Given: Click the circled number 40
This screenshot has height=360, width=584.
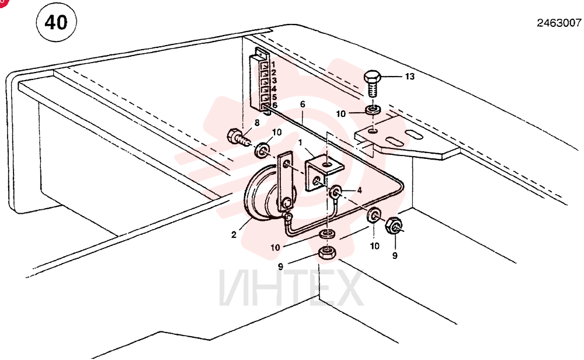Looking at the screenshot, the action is coord(56,22).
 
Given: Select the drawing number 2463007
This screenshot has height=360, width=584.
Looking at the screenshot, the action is coord(559,23).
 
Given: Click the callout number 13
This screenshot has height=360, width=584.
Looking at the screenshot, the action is coord(410,77).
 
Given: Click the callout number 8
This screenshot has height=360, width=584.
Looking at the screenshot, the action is coord(256,122).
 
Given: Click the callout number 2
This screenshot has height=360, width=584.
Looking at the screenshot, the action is coord(234,235).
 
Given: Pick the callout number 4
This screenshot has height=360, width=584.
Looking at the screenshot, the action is coord(359,191).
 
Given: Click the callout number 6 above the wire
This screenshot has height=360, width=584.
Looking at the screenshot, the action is coord(303,105).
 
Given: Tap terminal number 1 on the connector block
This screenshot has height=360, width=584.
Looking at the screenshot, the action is coord(273,65).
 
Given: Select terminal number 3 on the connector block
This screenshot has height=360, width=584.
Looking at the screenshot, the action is coord(274,81).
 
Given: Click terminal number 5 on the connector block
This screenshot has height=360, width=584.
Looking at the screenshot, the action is coord(274,97).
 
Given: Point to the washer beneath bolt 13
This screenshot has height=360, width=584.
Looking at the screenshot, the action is coord(372,110).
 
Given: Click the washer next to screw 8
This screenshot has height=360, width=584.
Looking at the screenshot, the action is coord(263,150).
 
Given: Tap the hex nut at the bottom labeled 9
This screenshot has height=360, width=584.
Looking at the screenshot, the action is coord(327,254).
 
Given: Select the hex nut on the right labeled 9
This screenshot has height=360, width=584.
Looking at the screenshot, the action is coord(393,225).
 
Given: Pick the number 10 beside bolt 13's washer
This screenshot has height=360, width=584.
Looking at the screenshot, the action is coord(341,113).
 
